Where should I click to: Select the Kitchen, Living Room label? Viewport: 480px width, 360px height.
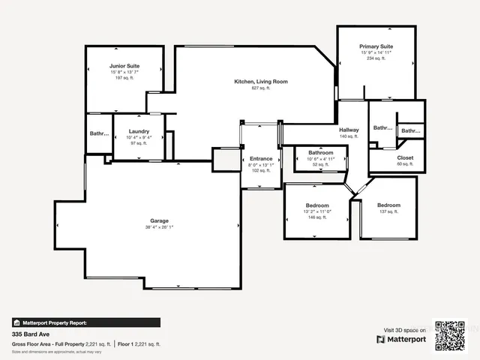coord(261,81)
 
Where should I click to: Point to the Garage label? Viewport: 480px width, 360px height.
coord(159,220)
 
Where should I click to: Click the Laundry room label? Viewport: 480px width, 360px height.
coord(139,131)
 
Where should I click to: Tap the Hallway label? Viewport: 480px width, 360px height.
coord(349,130)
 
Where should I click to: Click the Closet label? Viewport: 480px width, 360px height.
coord(405,157)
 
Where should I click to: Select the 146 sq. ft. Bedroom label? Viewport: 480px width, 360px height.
coord(317,205)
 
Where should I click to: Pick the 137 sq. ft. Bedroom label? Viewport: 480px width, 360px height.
coord(388,205)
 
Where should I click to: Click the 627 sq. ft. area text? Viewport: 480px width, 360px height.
coord(261,88)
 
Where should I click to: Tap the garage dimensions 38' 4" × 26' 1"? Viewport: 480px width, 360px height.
coord(159,227)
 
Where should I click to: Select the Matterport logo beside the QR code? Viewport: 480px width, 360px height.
coord(401,339)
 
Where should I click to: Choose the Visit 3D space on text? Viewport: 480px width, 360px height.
coord(405,330)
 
